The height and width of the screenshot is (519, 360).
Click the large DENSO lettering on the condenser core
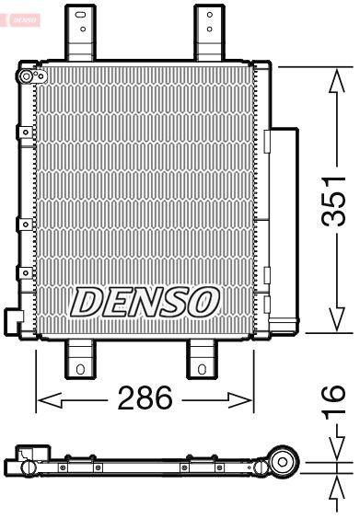[145, 300]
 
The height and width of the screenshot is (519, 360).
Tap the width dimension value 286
[145, 399]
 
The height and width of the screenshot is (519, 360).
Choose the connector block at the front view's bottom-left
[14, 319]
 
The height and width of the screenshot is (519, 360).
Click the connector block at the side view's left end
[28, 456]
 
